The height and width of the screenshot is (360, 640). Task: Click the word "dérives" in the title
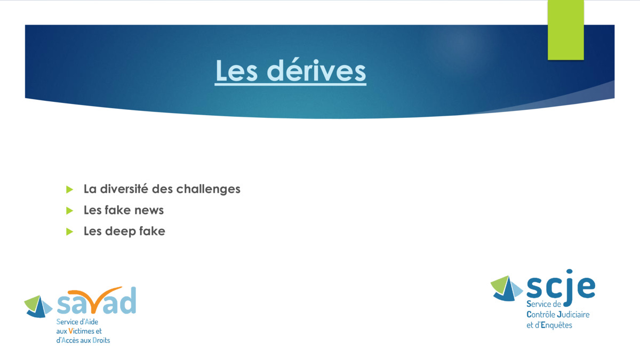316,70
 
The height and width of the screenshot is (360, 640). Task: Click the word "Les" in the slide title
237,70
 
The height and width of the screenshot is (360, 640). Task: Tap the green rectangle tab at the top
566,30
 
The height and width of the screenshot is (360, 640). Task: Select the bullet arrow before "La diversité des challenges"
69,189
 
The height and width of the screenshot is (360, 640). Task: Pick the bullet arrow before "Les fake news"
69,211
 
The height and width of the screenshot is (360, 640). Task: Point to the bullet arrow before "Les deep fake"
69,231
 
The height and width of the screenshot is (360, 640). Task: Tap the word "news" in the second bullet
149,211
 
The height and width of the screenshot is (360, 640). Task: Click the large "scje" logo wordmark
561,286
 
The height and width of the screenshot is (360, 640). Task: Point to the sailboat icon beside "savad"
38,307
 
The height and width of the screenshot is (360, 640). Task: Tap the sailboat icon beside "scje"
506,289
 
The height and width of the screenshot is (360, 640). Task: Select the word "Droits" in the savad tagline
101,340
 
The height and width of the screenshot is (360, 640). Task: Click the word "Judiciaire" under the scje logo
573,315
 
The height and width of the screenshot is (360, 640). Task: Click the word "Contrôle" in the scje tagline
541,315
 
